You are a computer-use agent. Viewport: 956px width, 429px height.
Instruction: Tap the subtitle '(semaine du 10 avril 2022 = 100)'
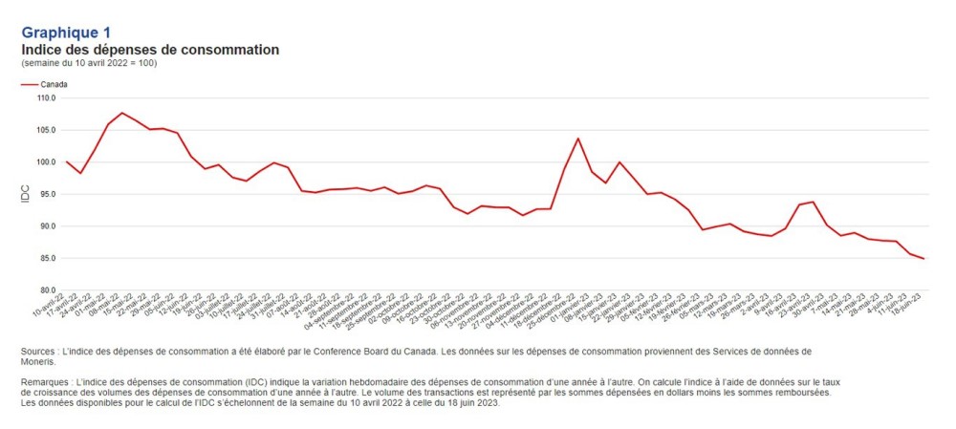click(x=89, y=63)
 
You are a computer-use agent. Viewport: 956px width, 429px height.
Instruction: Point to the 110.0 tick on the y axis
click(x=47, y=97)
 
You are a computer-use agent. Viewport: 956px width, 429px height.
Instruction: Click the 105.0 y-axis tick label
click(x=47, y=130)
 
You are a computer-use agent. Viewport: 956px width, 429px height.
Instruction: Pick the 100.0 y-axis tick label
click(x=47, y=161)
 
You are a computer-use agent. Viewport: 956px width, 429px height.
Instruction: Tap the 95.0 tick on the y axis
click(x=48, y=194)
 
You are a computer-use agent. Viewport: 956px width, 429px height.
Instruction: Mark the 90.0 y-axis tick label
click(x=48, y=226)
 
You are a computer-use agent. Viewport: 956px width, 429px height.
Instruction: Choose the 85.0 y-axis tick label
click(x=48, y=258)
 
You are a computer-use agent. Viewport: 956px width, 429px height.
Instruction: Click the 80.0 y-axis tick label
click(x=48, y=290)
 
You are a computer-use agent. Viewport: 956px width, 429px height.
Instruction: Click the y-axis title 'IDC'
click(x=26, y=194)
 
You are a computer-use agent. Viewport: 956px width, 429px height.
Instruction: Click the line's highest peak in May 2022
click(x=121, y=113)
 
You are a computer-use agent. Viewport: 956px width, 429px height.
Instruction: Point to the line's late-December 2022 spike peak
click(x=577, y=139)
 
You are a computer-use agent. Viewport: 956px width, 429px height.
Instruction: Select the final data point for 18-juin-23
click(x=923, y=259)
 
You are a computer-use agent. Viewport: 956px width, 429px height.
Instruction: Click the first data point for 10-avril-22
click(x=66, y=161)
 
